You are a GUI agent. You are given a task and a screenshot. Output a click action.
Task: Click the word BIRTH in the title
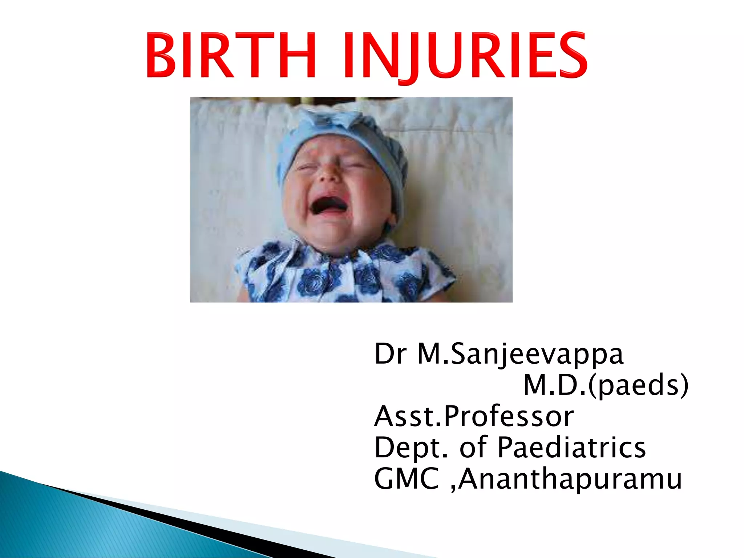point(231,55)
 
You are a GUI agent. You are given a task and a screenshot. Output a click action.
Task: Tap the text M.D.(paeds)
point(606,385)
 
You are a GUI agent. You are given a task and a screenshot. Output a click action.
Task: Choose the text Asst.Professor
point(474,416)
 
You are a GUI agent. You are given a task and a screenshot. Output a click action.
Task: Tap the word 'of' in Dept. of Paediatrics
point(473,447)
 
